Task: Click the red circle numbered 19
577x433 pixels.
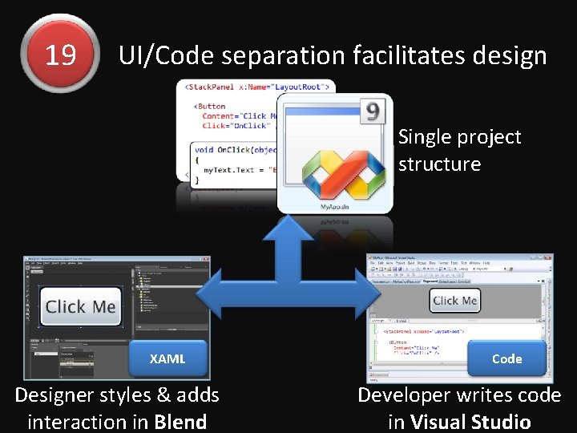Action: [x=60, y=55]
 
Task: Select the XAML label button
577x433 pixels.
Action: [x=167, y=358]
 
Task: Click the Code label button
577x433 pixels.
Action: [x=506, y=358]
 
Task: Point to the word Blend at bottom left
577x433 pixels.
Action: [x=180, y=421]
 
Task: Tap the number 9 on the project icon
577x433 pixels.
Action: [x=372, y=112]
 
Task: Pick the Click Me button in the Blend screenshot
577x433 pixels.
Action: [x=81, y=307]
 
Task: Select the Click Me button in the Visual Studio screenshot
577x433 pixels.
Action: [x=454, y=301]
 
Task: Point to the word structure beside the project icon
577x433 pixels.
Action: [x=439, y=164]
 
